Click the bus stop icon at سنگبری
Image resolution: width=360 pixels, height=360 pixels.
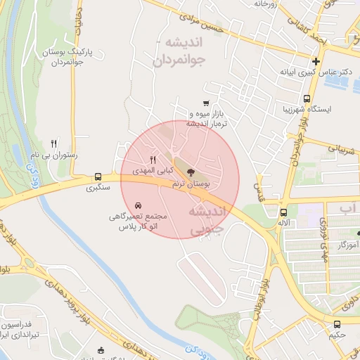tap(98, 177)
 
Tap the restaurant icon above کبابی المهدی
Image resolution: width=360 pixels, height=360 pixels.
tap(153, 160)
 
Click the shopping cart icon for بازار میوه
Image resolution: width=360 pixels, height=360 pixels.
tap(205, 103)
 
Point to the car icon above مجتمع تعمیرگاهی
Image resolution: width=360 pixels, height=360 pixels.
tap(136, 205)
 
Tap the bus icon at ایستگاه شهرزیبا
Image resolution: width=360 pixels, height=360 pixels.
tap(307, 99)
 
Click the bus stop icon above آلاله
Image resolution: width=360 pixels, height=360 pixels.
tap(283, 212)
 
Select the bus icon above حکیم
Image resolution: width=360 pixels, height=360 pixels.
tap(337, 325)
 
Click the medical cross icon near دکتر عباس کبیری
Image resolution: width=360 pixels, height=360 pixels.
tap(317, 62)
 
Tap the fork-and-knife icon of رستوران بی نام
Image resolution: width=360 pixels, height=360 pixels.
tap(55, 143)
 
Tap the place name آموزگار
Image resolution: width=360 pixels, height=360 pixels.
tap(348, 244)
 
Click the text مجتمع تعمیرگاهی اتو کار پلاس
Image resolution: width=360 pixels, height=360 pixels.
tap(138, 222)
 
